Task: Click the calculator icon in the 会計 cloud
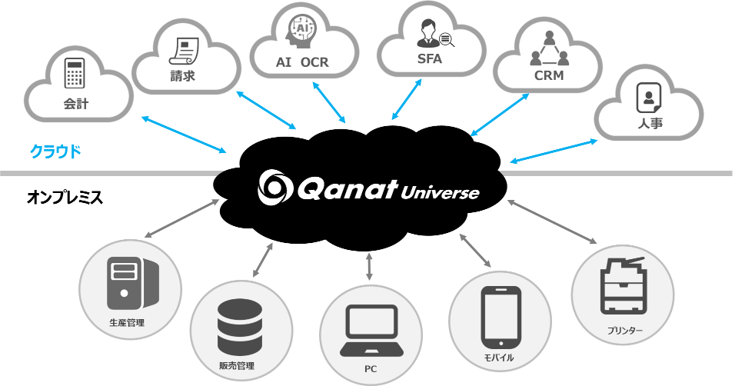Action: coord(75,73)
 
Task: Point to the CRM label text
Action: coord(549,76)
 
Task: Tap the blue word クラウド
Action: coord(55,151)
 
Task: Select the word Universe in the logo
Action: coord(440,191)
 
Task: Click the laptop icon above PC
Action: coord(371,331)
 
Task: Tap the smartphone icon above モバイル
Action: coord(501,316)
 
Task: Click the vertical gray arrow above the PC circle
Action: coord(370,266)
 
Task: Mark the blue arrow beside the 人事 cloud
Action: coord(554,151)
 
